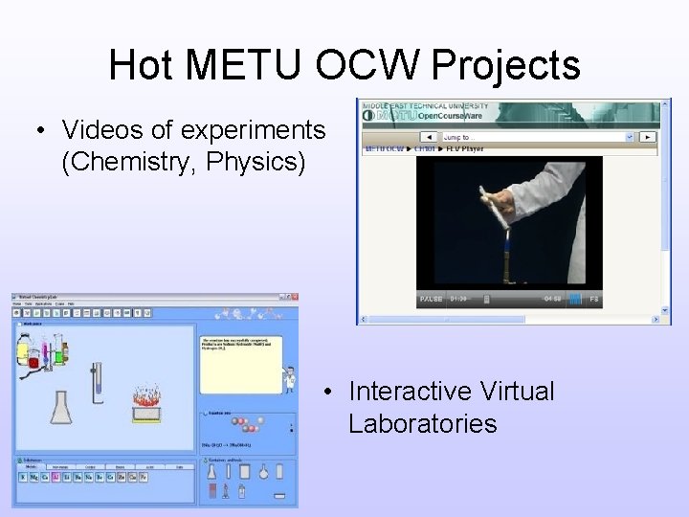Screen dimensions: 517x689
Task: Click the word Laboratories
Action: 422,423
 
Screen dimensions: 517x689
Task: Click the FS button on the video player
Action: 593,300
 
